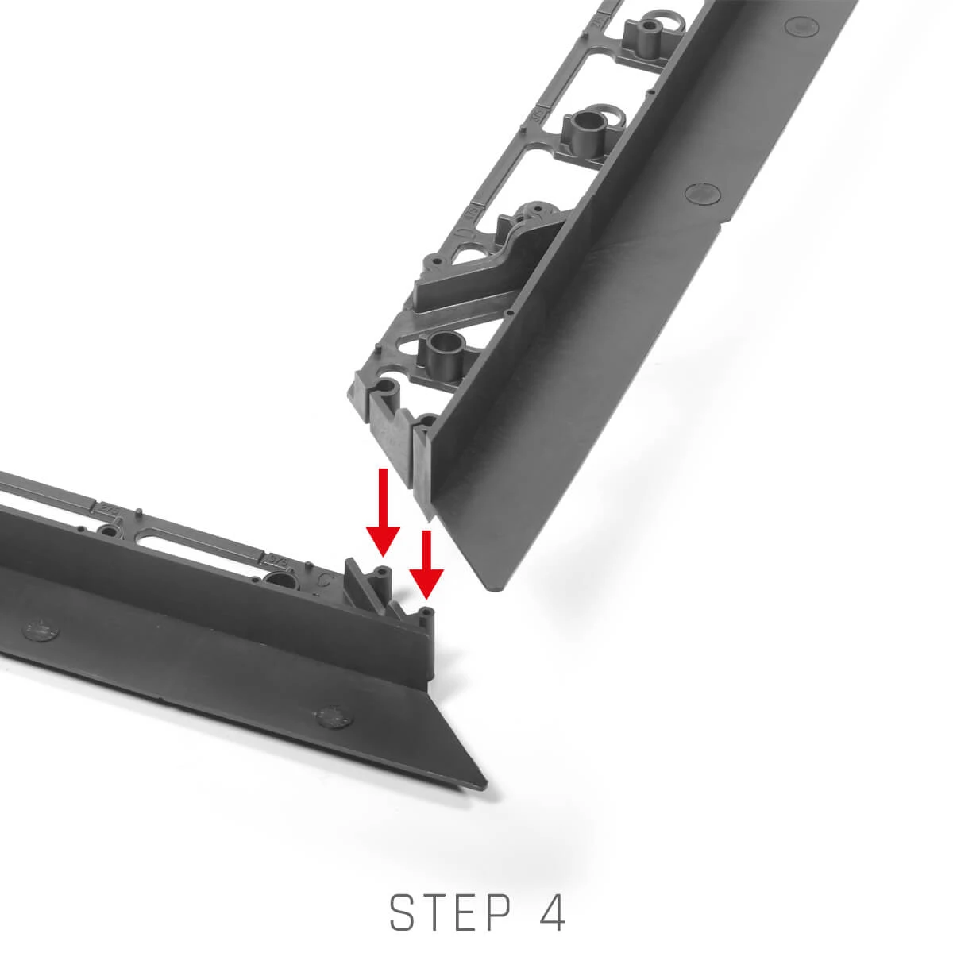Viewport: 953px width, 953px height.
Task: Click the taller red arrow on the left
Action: [x=382, y=512]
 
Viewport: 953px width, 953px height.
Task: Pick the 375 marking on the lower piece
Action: [x=276, y=558]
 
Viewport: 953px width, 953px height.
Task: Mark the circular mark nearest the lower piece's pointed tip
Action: [x=332, y=716]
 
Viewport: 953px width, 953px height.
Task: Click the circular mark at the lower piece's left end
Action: [x=41, y=630]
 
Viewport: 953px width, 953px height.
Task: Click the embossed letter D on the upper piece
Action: [x=467, y=233]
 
